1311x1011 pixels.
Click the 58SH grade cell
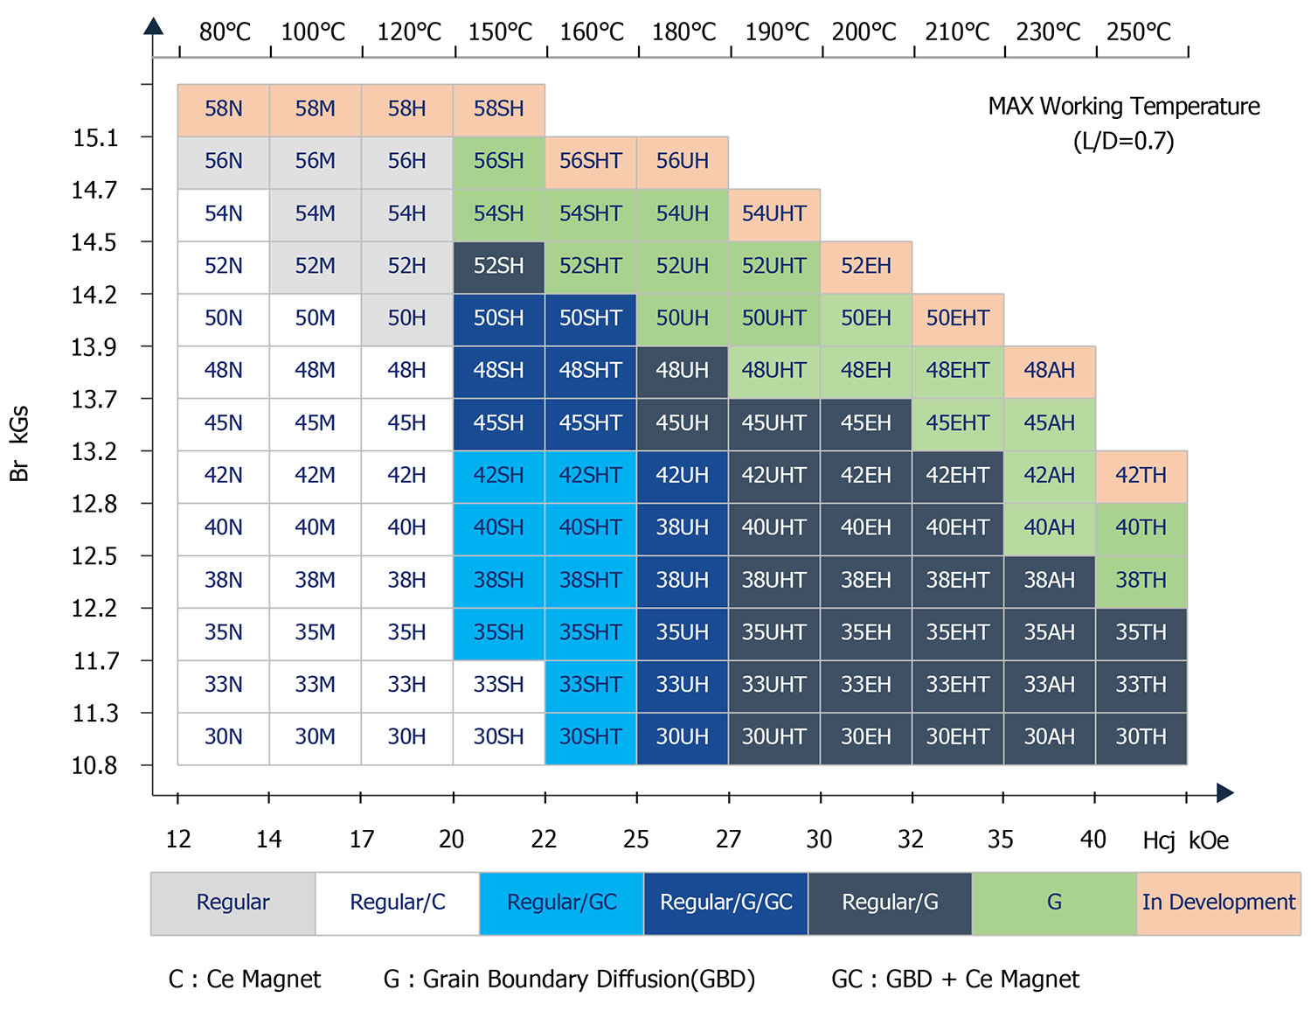[499, 109]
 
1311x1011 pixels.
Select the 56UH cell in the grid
[683, 162]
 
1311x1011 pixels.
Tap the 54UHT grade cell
[774, 214]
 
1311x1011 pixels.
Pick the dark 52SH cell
[499, 266]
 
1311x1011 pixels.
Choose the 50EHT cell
[958, 318]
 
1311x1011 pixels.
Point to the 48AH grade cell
[1050, 371]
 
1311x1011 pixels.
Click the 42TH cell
[1141, 476]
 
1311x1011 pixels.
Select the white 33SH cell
[499, 685]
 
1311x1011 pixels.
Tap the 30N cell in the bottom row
[224, 737]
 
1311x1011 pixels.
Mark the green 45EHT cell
[958, 423]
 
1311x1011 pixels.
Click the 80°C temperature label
[225, 32]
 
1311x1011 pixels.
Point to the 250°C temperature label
[1139, 32]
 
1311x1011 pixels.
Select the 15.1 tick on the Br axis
[95, 138]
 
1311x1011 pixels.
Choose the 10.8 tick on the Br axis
[94, 766]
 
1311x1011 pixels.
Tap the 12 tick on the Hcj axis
[178, 840]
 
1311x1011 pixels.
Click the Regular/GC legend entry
[562, 903]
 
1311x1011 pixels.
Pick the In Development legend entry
[1218, 903]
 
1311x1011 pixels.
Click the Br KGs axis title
[19, 443]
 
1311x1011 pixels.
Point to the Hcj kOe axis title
[1185, 840]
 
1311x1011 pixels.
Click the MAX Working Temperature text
[1124, 107]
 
